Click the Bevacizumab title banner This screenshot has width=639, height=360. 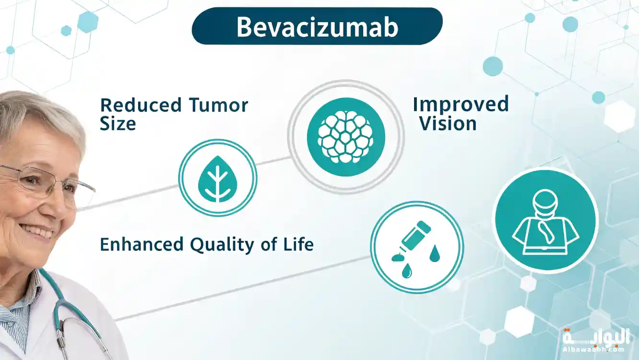[317, 26]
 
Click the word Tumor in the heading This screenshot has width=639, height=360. [219, 105]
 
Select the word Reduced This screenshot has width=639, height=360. [141, 105]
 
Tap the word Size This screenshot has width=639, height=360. [118, 124]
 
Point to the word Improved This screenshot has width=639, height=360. [461, 105]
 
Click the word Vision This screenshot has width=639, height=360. [448, 124]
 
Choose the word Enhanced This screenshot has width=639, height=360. [142, 244]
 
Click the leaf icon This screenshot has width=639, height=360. [218, 179]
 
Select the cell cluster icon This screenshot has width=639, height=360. [346, 137]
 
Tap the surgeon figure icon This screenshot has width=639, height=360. [545, 222]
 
